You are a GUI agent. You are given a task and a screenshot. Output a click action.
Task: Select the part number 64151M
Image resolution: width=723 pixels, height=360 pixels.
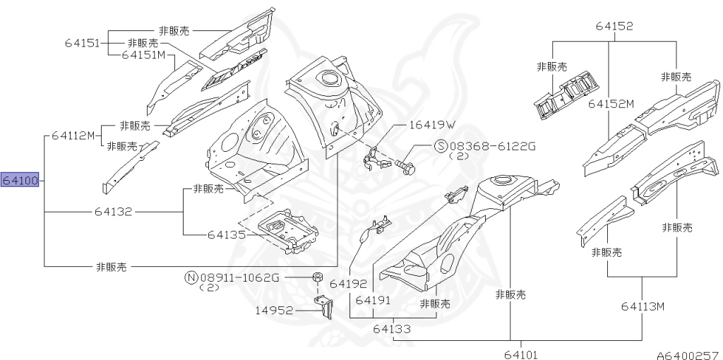(143, 54)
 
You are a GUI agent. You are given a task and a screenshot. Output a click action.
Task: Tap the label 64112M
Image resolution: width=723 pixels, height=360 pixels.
(73, 136)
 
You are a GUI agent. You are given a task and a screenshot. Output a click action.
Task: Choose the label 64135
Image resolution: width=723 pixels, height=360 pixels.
(227, 235)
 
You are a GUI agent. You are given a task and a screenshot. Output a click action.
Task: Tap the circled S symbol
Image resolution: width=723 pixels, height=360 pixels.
(441, 146)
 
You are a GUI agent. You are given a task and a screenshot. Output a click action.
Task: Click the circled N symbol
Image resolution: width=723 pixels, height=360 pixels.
(191, 277)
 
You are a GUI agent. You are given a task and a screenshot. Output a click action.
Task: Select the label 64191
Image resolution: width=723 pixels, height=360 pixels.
(374, 300)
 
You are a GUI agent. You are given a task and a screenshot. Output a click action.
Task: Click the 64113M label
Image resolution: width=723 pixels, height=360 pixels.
(643, 306)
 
